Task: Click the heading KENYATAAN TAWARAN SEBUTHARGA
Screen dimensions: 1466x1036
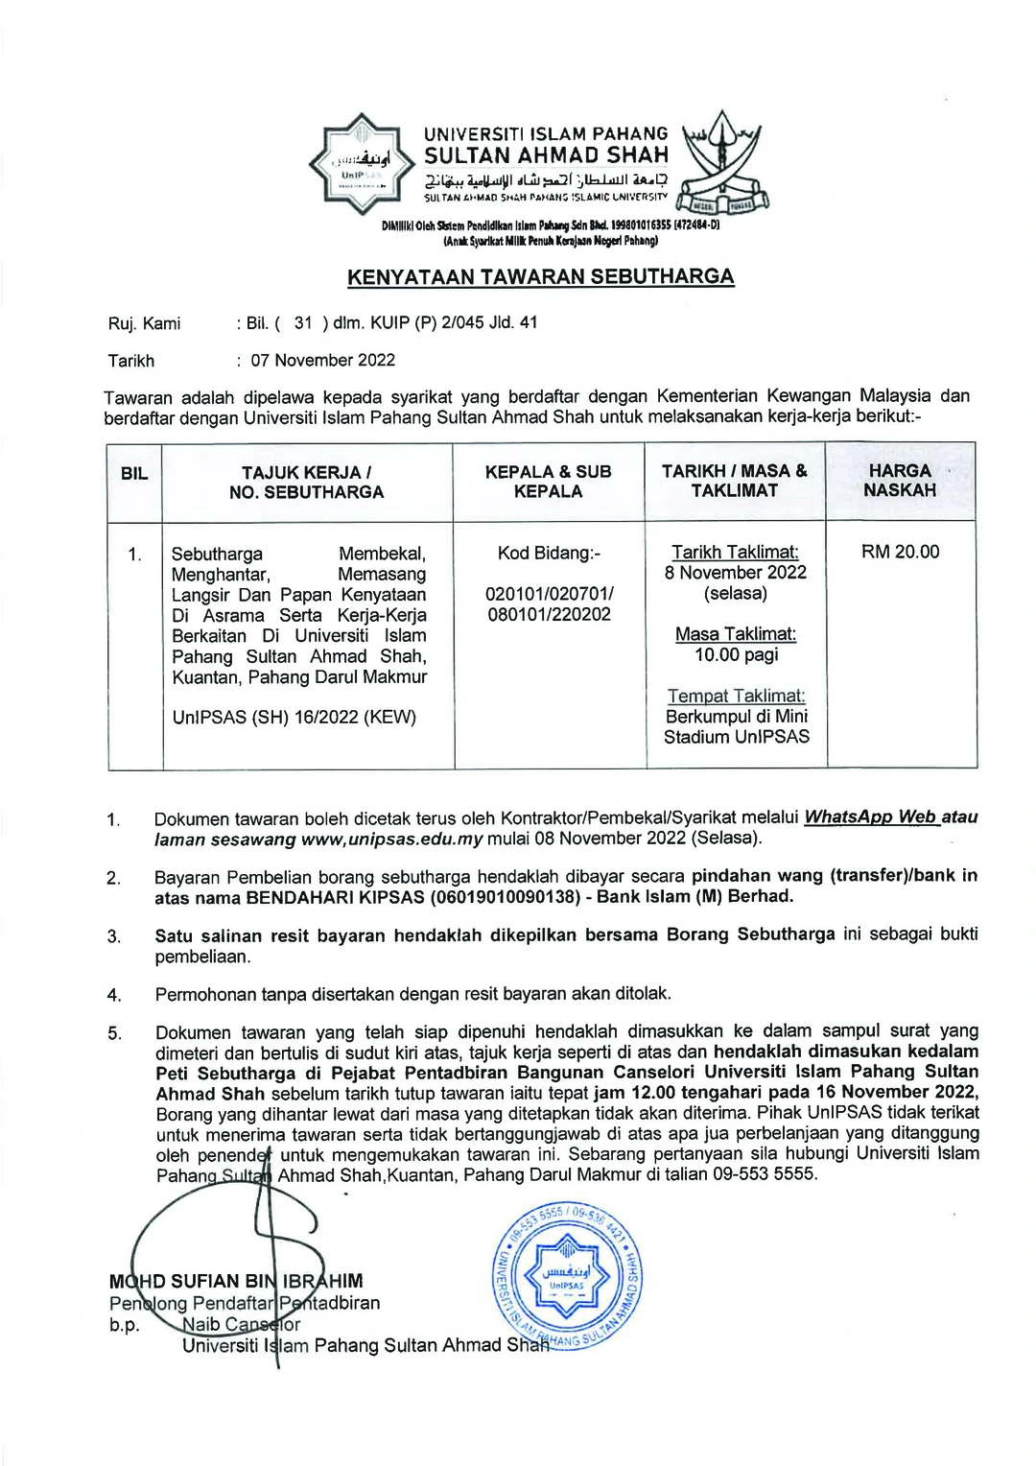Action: tap(540, 277)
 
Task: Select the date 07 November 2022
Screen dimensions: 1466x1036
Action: tap(323, 361)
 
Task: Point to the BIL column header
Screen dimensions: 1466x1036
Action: tap(134, 474)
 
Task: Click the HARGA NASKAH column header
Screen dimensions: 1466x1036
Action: tap(900, 481)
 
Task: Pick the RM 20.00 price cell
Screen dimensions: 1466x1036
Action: tap(900, 553)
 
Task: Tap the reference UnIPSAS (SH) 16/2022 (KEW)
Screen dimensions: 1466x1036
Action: tap(294, 718)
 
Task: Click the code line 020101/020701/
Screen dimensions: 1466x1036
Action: tap(550, 594)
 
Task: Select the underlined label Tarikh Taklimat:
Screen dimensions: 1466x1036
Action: tap(735, 553)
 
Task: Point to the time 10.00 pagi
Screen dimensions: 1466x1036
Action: tap(736, 655)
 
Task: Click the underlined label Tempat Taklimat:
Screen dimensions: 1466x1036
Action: tap(736, 697)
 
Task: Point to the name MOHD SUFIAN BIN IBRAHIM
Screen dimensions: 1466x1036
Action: tap(236, 1282)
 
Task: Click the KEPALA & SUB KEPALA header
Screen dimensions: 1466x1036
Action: tap(548, 482)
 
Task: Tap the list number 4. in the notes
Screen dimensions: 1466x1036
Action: tap(114, 996)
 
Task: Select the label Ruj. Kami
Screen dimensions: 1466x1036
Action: tap(144, 324)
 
